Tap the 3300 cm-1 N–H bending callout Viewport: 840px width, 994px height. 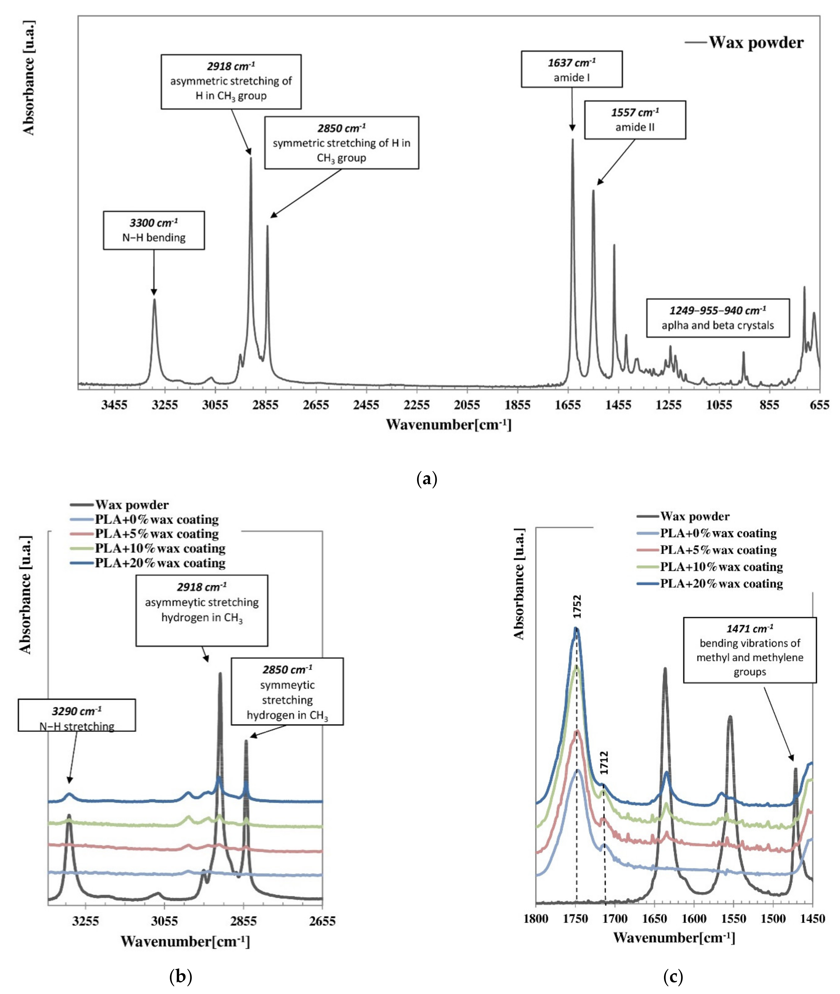(x=154, y=230)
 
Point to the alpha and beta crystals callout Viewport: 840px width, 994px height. (x=718, y=318)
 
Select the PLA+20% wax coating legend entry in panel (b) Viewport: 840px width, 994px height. (x=160, y=563)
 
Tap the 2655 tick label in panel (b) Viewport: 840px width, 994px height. (x=322, y=921)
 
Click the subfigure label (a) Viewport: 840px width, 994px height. (x=426, y=478)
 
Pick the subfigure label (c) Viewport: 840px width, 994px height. (x=673, y=977)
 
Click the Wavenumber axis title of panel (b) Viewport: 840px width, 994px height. (x=185, y=941)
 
